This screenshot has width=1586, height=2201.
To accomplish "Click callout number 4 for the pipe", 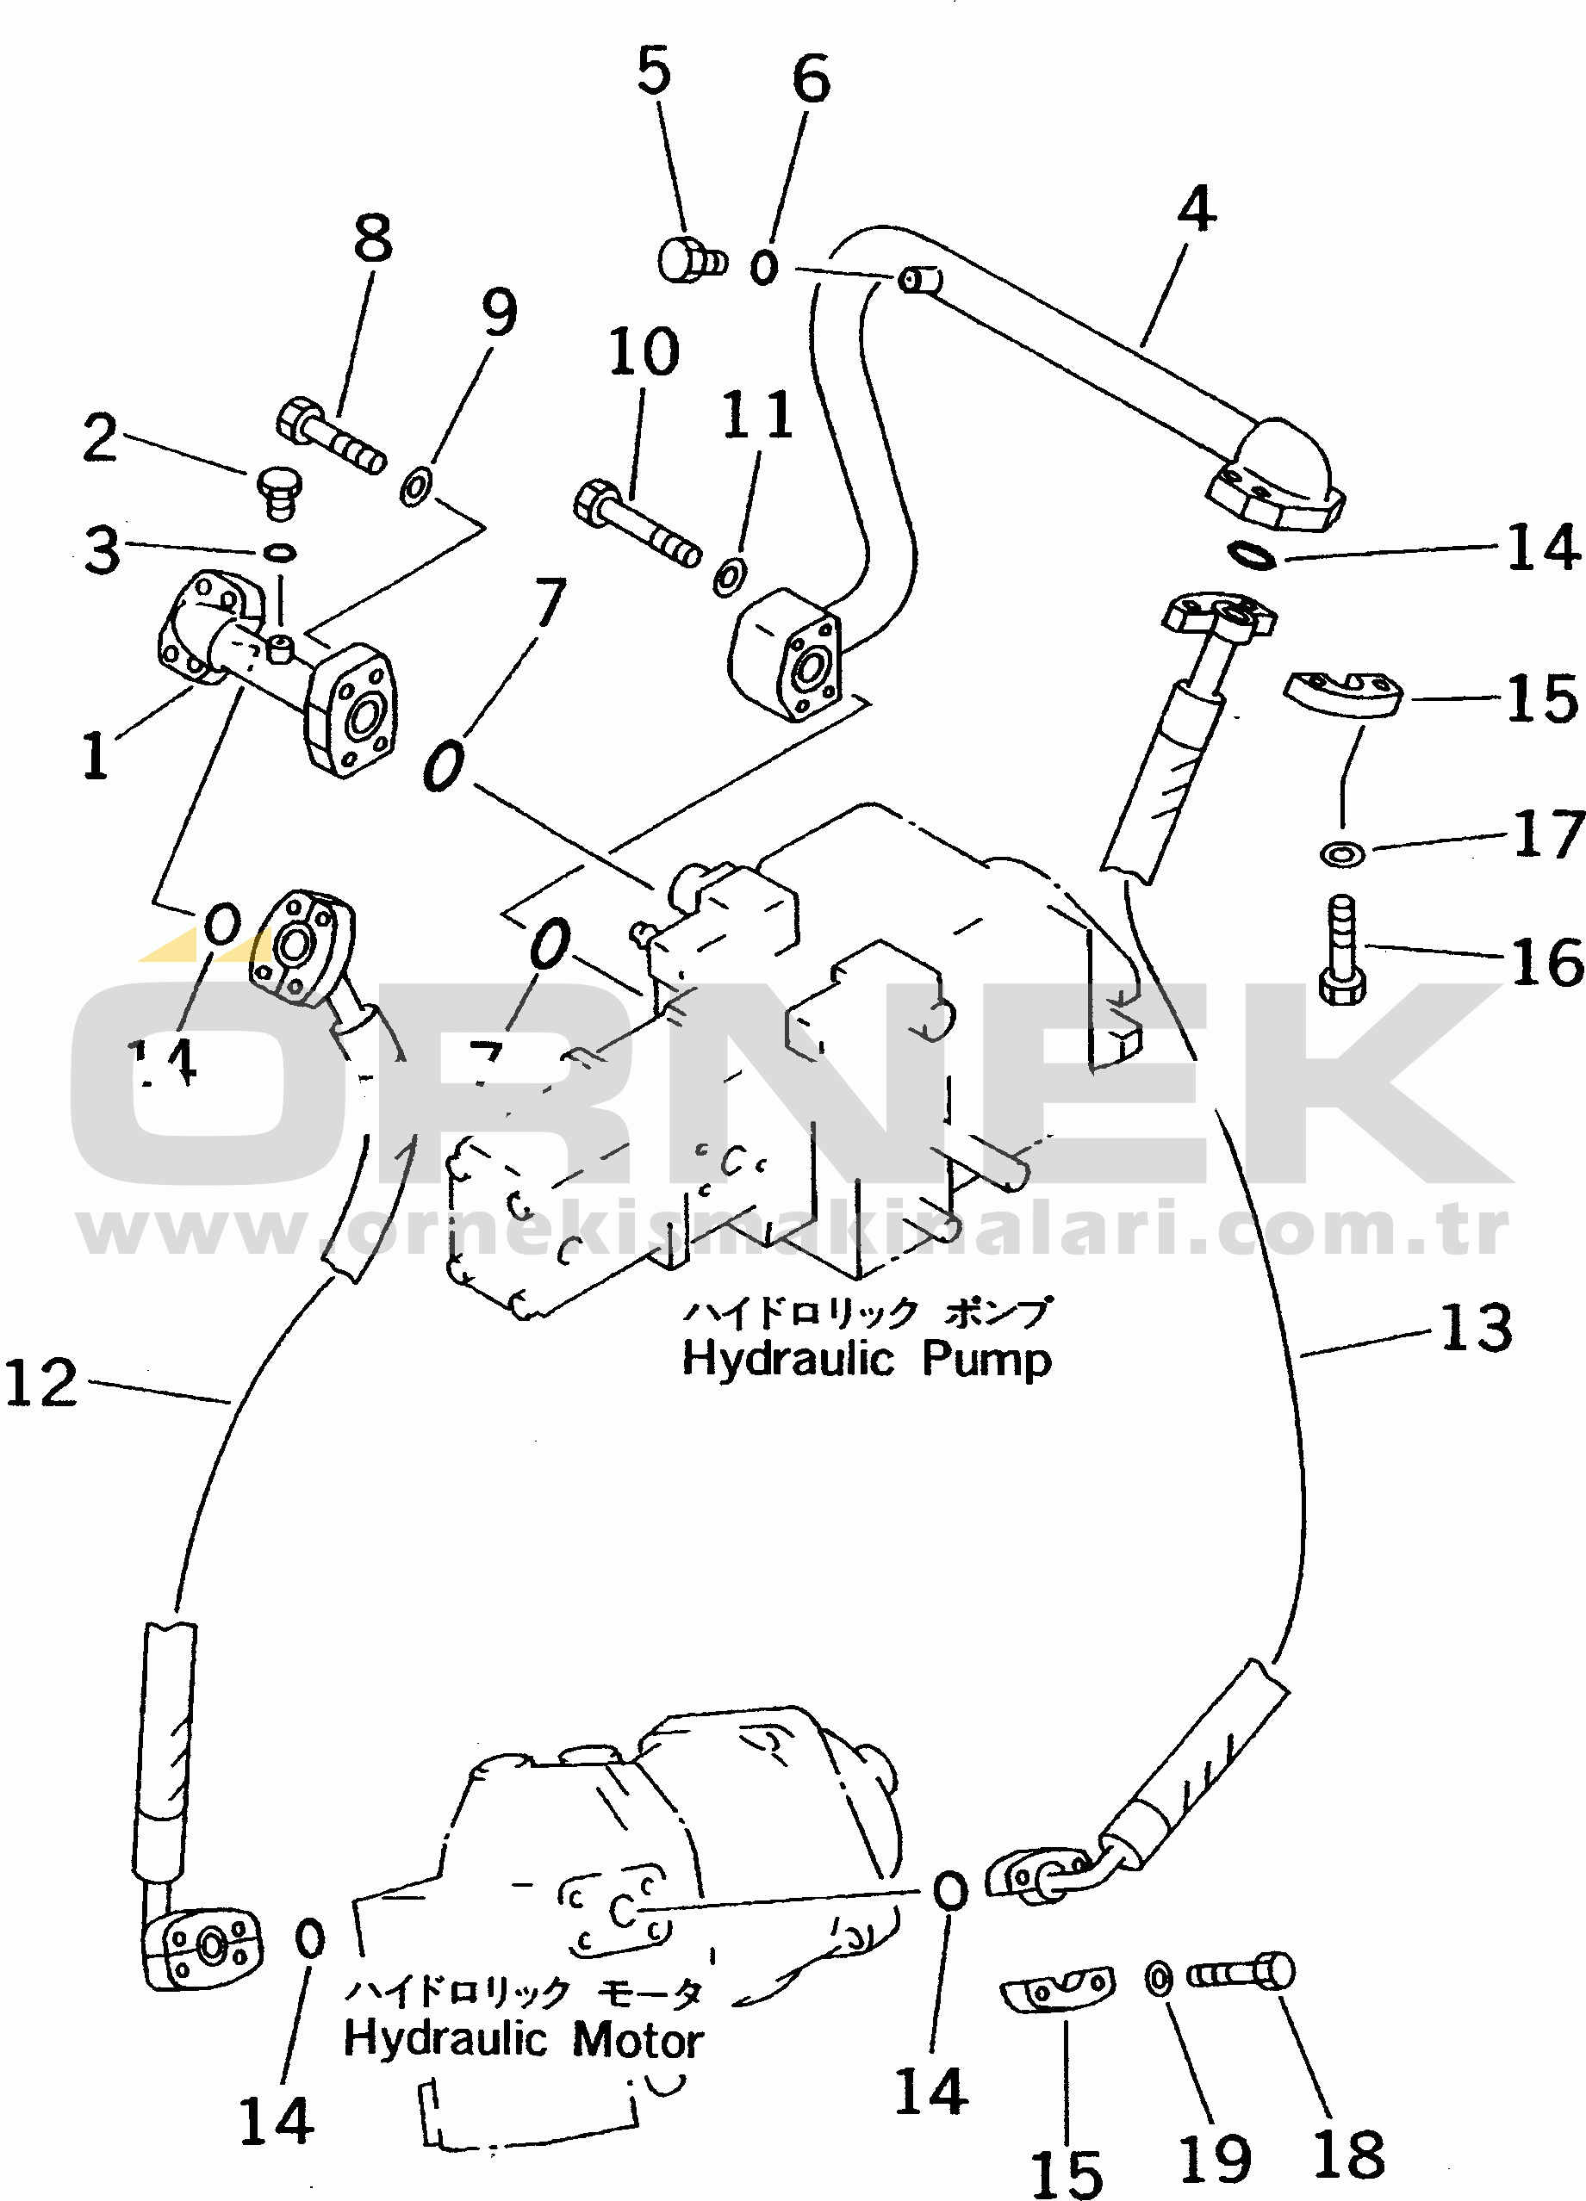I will point(1196,208).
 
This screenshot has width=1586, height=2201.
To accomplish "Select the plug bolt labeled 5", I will point(690,260).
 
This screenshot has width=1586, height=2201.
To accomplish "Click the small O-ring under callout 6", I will point(764,266).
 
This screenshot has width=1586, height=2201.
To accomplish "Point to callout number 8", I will point(373,238).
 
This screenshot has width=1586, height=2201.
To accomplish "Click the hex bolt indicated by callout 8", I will point(329,437).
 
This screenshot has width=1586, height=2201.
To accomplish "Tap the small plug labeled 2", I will point(279,489).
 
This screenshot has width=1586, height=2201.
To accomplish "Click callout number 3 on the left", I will point(101,550).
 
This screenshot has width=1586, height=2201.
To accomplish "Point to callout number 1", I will point(94,755).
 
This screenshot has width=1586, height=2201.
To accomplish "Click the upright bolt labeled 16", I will point(1342,950).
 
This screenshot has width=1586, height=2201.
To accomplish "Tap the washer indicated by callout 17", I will point(1342,853).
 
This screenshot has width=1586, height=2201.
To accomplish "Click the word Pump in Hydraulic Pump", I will point(986,1360).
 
